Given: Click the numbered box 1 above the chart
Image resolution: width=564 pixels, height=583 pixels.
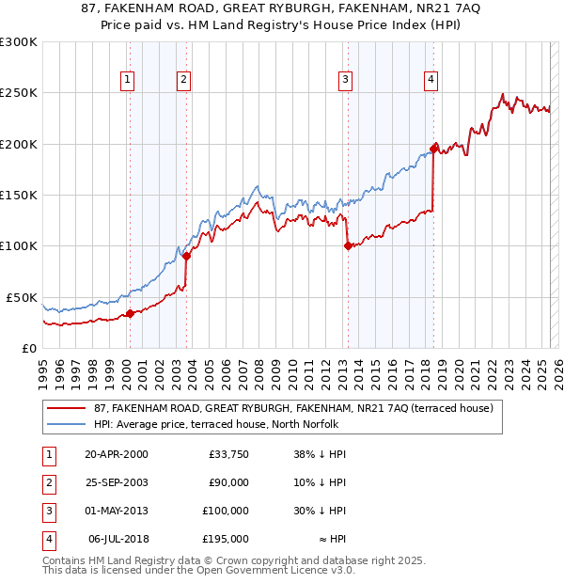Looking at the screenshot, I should (127, 80).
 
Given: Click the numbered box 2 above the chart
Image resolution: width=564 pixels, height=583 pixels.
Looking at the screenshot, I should (183, 80).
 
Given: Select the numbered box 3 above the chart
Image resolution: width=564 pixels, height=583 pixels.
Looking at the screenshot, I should (346, 80).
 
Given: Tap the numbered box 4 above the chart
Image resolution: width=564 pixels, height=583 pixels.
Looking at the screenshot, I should (431, 80).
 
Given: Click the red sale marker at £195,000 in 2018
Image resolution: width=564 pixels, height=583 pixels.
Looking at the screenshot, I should (433, 149).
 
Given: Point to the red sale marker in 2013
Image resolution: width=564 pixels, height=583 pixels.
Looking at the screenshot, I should (348, 245).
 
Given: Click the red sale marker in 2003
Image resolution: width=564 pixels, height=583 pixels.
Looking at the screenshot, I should (187, 256).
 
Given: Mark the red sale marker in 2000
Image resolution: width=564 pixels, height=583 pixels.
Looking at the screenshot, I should (130, 313).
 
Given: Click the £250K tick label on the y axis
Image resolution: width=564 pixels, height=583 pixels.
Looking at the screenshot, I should (19, 93).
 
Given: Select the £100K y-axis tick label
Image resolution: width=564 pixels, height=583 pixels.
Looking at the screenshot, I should (19, 245).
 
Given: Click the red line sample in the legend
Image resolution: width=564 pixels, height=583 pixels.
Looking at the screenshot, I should (66, 409).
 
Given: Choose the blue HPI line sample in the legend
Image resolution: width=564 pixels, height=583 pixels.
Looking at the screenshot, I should (66, 424).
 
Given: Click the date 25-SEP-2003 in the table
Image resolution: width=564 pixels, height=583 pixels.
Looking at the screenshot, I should (117, 482).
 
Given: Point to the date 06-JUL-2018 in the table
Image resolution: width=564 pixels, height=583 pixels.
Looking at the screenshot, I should (117, 539).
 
